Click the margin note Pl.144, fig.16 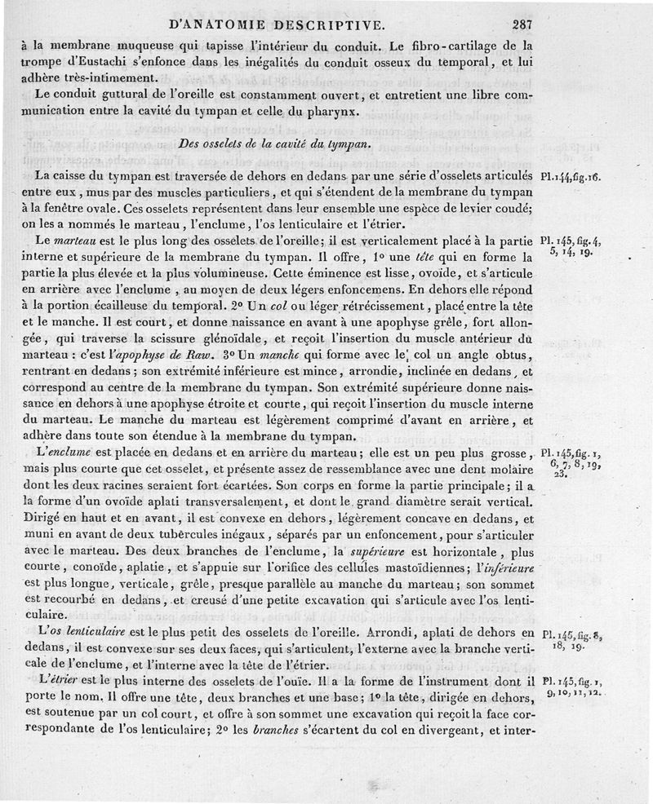pos(571,176)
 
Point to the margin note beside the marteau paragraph pos(571,247)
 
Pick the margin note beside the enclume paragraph pos(571,461)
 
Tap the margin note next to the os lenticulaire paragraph pos(571,639)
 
